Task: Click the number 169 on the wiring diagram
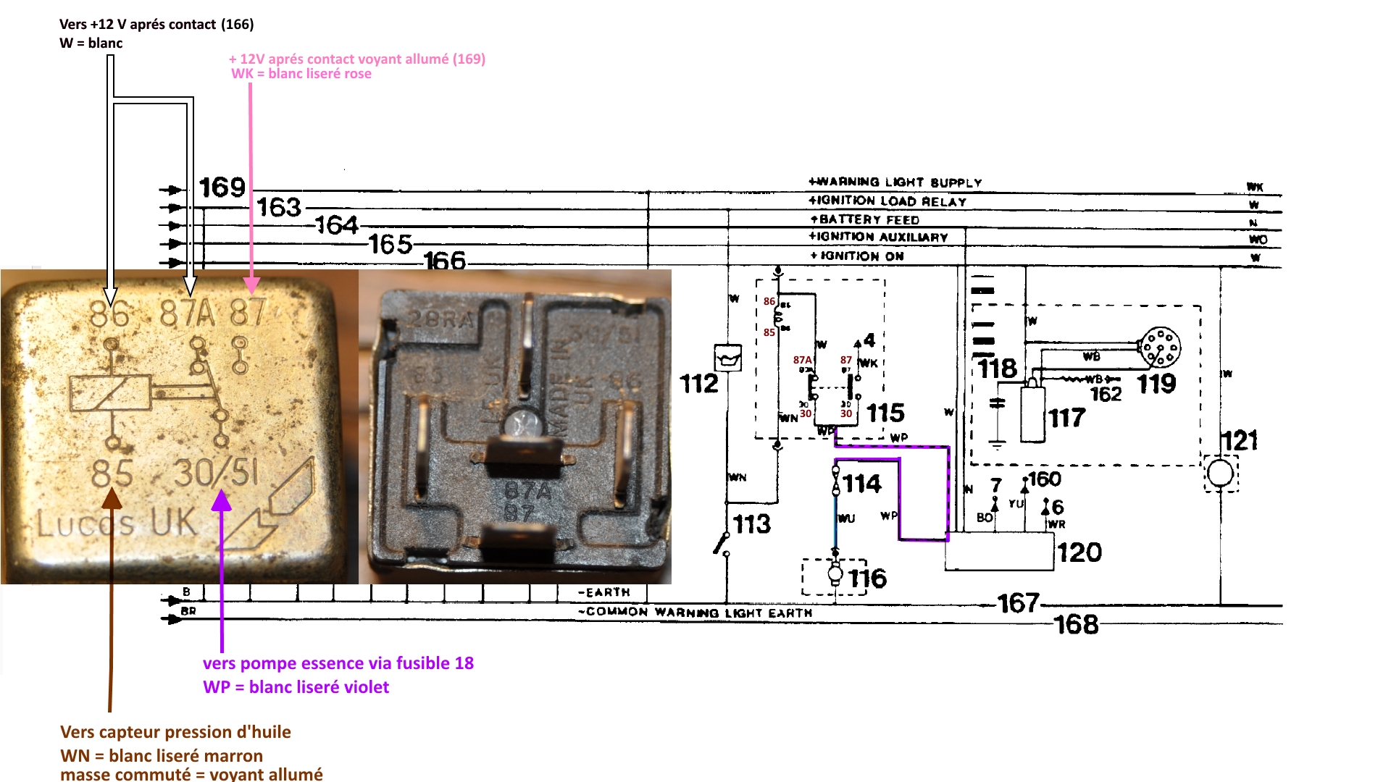pyautogui.click(x=222, y=188)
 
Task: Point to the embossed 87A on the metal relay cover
pyautogui.click(x=188, y=314)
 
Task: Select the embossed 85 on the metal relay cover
pyautogui.click(x=112, y=474)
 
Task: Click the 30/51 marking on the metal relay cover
pyautogui.click(x=216, y=473)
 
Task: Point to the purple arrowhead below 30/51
pyautogui.click(x=221, y=501)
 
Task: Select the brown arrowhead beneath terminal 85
pyautogui.click(x=112, y=498)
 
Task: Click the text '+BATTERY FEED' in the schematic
pyautogui.click(x=864, y=219)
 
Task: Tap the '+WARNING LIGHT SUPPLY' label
pyautogui.click(x=895, y=182)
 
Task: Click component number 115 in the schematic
pyautogui.click(x=885, y=413)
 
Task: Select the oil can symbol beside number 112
pyautogui.click(x=728, y=358)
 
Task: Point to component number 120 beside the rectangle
pyautogui.click(x=1079, y=553)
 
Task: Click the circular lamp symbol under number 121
pyautogui.click(x=1220, y=474)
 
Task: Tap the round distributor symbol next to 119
pyautogui.click(x=1159, y=348)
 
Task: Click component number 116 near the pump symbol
pyautogui.click(x=867, y=579)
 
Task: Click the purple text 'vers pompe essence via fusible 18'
pyautogui.click(x=338, y=663)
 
